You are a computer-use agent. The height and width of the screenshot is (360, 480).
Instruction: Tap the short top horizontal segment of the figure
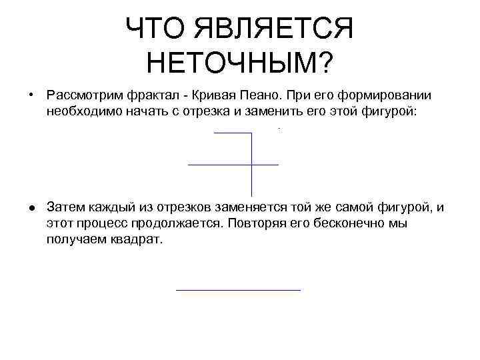point(233,133)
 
